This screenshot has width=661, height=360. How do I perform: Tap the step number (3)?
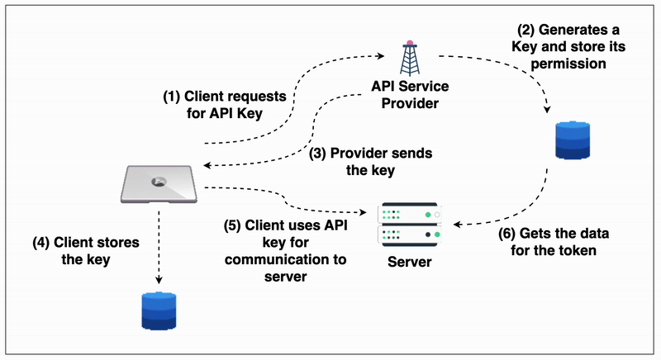click(x=319, y=154)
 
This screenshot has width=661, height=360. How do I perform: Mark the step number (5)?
click(x=234, y=225)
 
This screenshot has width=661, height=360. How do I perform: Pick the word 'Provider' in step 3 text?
click(x=361, y=154)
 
